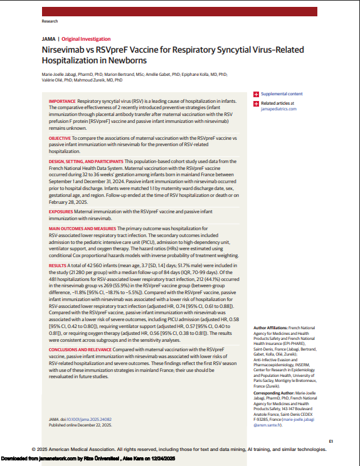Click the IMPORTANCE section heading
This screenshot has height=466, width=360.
62,100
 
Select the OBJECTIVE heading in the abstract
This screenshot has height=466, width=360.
60,136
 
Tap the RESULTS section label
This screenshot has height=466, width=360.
58,267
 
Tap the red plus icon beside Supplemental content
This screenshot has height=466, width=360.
257,94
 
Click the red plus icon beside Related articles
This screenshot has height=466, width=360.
257,103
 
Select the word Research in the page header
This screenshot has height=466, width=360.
50,21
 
